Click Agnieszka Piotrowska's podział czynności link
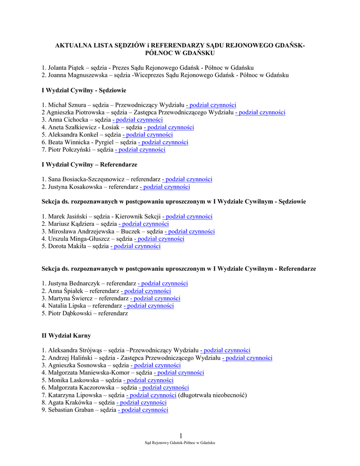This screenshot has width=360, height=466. [x=260, y=112]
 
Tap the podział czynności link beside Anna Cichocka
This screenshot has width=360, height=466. [x=138, y=120]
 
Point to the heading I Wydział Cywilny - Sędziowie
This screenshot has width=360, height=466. [x=84, y=90]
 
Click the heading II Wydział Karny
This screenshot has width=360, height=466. [x=66, y=335]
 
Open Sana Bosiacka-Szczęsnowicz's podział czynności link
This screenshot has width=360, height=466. [x=187, y=179]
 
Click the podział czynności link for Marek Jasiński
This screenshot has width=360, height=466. [x=188, y=217]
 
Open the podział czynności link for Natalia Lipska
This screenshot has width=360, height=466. [x=149, y=306]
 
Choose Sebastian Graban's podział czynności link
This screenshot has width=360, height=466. [x=143, y=410]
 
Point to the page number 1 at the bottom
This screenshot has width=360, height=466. [x=181, y=436]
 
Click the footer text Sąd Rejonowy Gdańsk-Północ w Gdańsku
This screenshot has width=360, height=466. [x=180, y=443]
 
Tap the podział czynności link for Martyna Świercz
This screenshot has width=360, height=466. [x=155, y=299]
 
